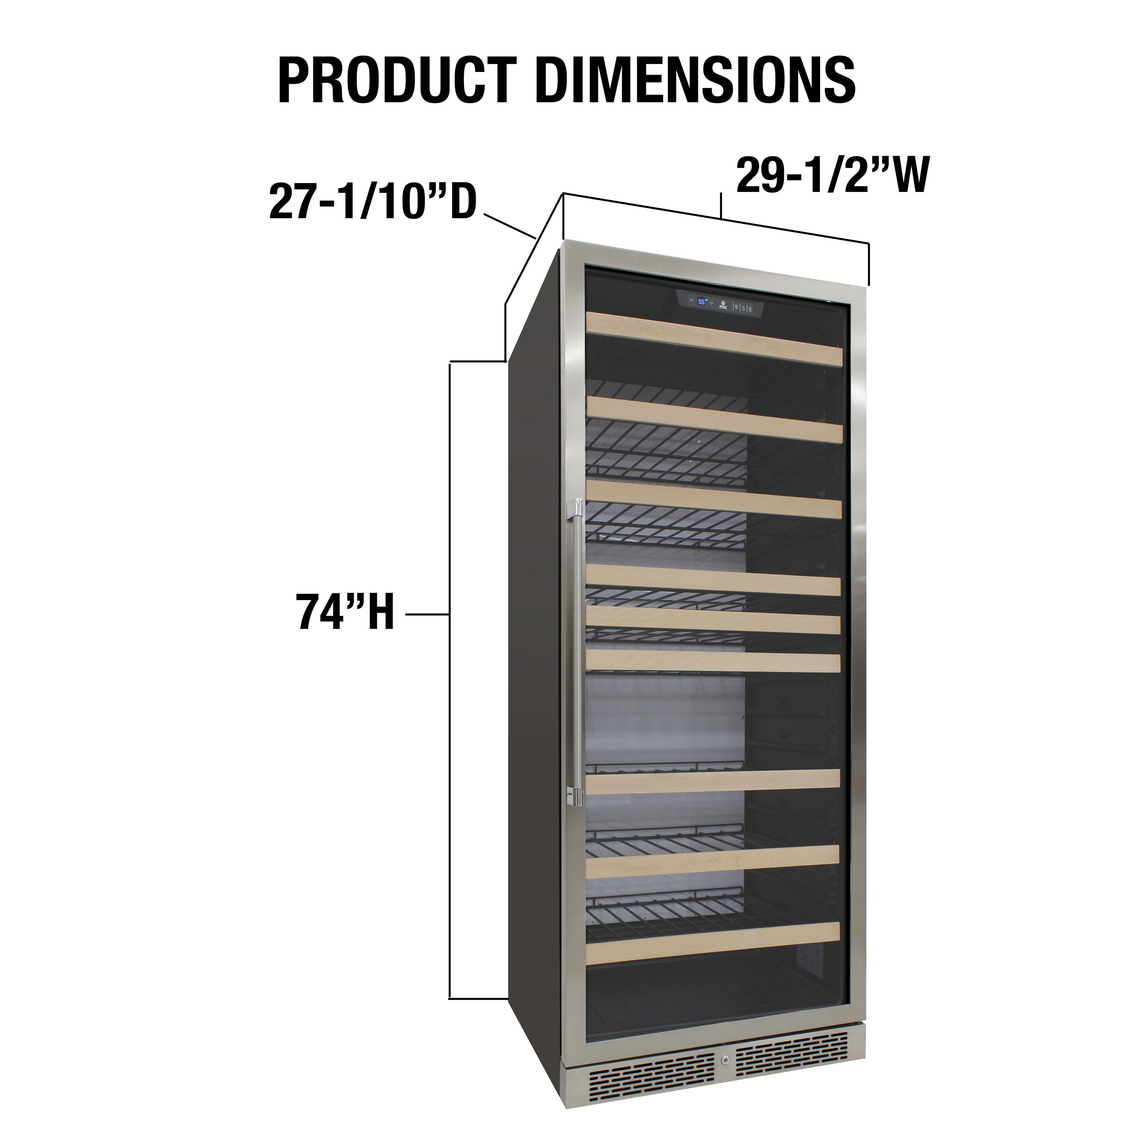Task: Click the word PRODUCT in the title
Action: click(x=398, y=80)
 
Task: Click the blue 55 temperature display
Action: click(x=702, y=302)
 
